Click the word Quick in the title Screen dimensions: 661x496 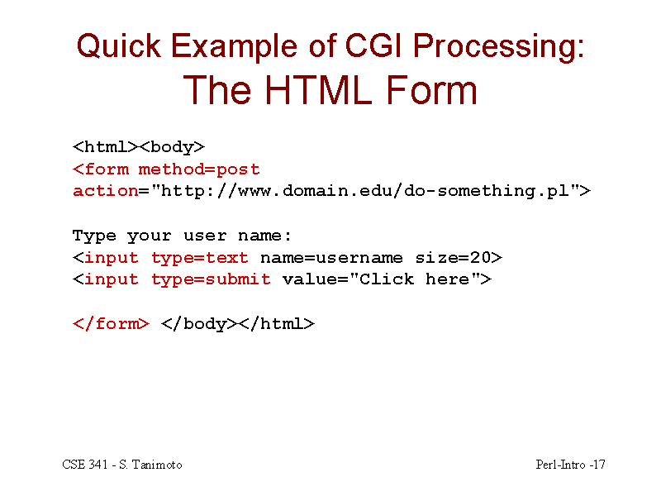point(119,46)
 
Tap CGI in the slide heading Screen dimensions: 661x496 point(373,45)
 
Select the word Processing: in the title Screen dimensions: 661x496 point(499,47)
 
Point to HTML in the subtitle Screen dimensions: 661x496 point(318,90)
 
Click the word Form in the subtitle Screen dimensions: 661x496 point(431,90)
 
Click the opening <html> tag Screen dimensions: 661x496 point(106,147)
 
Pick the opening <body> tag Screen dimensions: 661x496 point(172,148)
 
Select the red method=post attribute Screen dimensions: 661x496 point(199,169)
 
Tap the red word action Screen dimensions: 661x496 point(106,191)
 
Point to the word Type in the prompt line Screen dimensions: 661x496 point(94,236)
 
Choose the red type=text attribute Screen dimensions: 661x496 point(200,258)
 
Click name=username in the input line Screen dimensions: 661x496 point(331,258)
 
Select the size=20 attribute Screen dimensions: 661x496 point(453,257)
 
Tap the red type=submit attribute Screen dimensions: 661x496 point(211,279)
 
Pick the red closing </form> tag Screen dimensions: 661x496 point(111,324)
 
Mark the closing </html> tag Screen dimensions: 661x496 point(278,324)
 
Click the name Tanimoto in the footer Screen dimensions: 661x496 point(157,465)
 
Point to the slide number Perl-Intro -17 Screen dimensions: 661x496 point(570,465)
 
